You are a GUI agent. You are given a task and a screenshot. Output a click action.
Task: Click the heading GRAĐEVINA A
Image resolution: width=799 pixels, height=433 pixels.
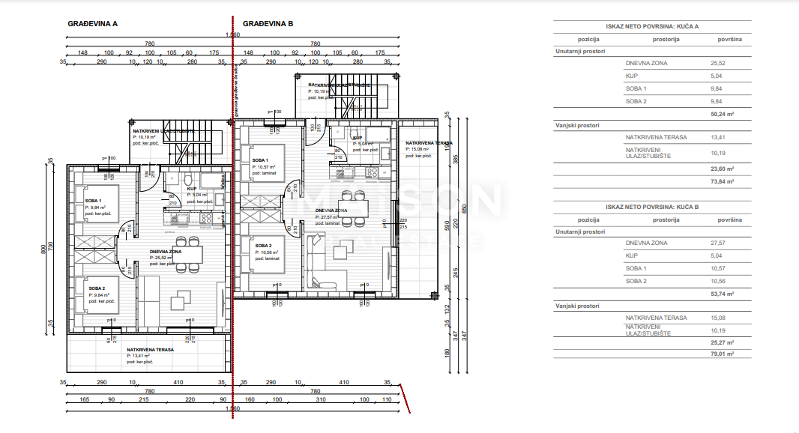tap(93, 23)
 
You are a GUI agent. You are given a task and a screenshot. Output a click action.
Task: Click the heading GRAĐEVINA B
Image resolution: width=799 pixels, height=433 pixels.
tap(268, 23)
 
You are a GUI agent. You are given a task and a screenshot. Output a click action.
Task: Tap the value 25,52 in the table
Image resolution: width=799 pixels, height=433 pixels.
tap(719, 63)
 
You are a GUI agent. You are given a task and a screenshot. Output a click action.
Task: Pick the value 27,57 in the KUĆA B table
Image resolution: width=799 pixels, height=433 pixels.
tap(719, 243)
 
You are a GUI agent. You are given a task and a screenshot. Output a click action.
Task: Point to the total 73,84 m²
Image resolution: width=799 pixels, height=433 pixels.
tap(722, 181)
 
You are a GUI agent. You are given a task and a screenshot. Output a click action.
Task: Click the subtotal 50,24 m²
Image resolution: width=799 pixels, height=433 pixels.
tap(722, 115)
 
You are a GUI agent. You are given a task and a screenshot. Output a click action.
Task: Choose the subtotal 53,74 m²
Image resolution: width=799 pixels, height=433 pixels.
tap(722, 294)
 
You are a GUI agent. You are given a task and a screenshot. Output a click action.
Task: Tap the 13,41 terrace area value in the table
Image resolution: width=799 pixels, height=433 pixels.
tap(719, 138)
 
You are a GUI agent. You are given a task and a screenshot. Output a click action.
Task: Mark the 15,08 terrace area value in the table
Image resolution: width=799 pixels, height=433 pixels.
tap(719, 318)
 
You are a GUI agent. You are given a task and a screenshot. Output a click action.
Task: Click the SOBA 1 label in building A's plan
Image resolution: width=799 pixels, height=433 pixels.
tap(94, 201)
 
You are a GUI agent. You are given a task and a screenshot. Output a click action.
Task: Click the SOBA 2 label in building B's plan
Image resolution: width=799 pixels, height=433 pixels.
tap(263, 246)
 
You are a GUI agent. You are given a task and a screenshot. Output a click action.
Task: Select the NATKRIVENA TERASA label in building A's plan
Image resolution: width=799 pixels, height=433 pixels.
tap(150, 350)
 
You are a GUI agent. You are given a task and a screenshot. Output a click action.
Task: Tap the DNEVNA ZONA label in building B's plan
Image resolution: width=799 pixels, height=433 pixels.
tap(330, 211)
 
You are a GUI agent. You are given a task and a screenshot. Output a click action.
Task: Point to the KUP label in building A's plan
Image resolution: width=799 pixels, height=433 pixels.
tap(191, 190)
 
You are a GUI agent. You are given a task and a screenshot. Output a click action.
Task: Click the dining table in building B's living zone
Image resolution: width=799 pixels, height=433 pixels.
tap(349, 206)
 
